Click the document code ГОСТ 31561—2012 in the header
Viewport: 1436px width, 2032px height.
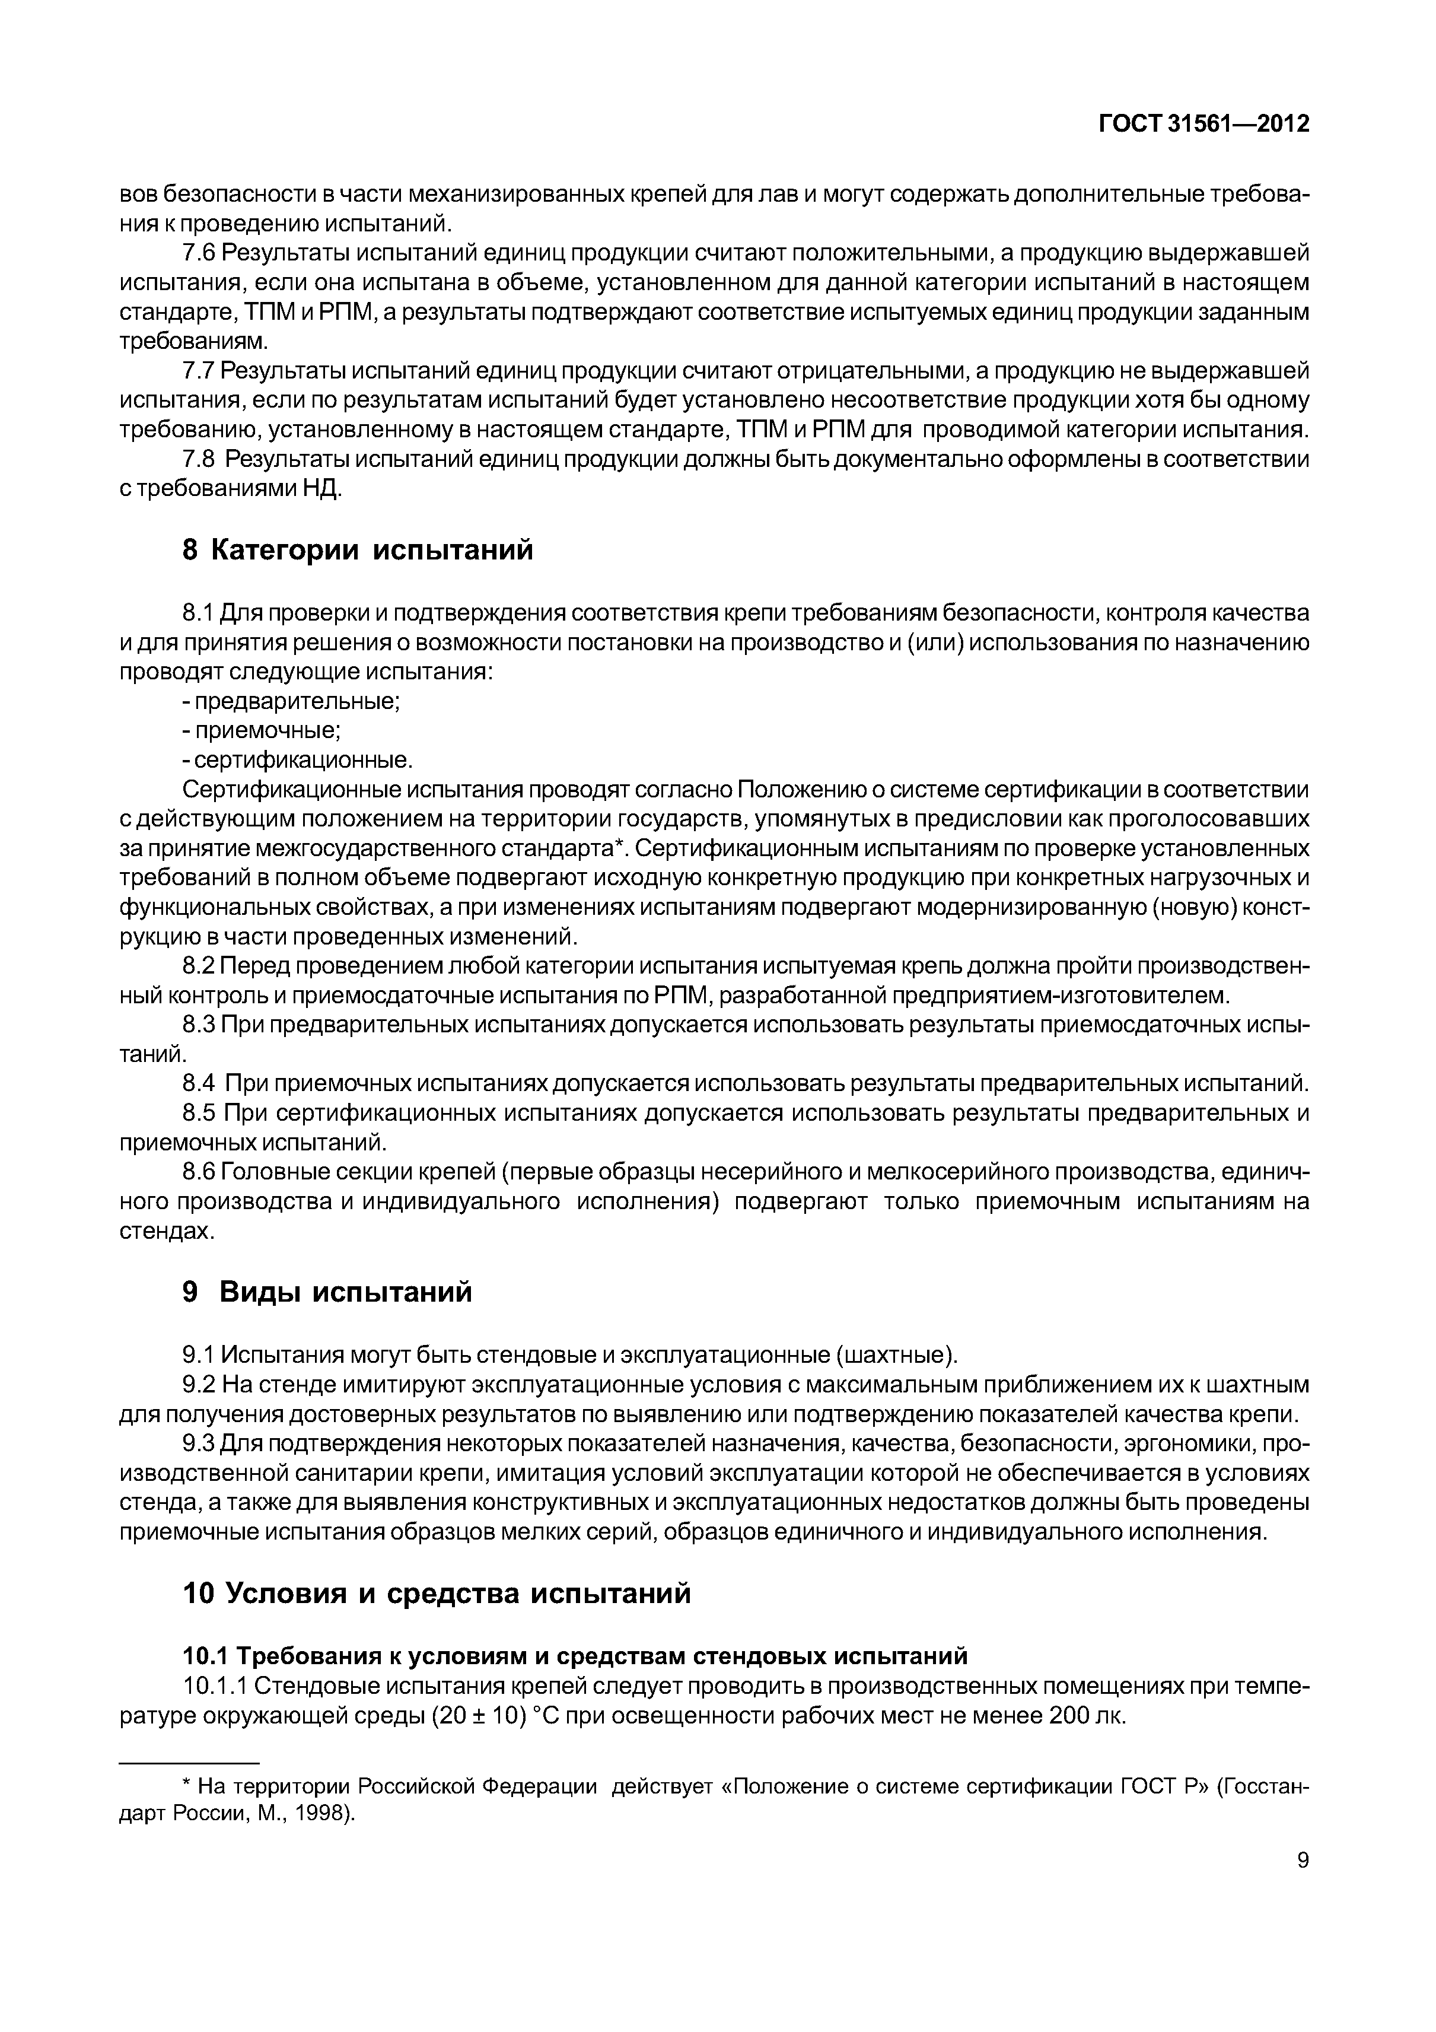tap(1203, 125)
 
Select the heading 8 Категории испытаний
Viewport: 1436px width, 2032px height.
tap(358, 551)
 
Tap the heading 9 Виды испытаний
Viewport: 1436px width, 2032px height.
tap(327, 1292)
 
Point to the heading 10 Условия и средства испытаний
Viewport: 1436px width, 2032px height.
tap(436, 1593)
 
